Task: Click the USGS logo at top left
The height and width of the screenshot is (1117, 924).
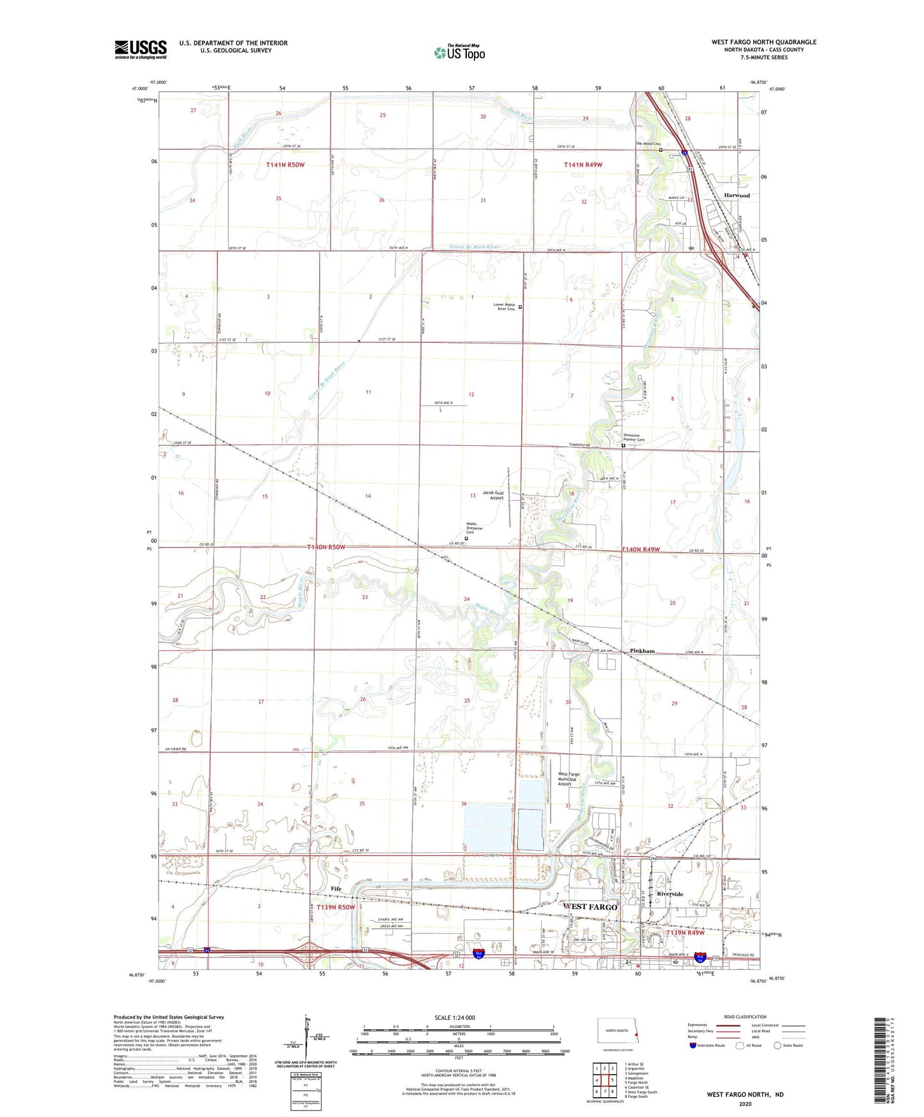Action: (141, 49)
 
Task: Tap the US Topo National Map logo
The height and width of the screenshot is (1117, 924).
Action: (459, 52)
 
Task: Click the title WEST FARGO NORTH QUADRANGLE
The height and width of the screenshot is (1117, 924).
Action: (763, 42)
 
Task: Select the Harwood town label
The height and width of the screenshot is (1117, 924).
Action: (737, 195)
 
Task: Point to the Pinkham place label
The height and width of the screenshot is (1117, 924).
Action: (642, 651)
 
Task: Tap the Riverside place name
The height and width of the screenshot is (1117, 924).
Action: (670, 894)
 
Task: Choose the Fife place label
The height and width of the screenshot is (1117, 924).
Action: (336, 889)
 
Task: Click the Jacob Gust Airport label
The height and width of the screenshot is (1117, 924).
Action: (493, 495)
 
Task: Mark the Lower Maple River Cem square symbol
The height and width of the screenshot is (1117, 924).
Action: (520, 307)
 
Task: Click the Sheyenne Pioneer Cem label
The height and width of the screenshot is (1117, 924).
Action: (634, 438)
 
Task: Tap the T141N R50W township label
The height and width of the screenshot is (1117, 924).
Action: (285, 165)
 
